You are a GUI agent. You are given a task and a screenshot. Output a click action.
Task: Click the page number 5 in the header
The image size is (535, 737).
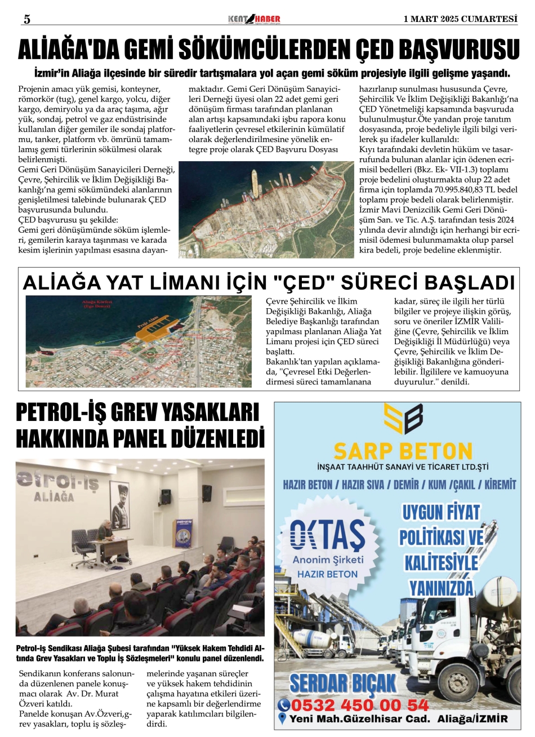point(26,19)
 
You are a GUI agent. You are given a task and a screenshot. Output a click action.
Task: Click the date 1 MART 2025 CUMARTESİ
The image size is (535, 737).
point(460,19)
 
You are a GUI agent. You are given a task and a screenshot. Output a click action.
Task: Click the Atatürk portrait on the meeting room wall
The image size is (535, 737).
point(119,501)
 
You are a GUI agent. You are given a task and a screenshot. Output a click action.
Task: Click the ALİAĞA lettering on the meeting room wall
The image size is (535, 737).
point(54,498)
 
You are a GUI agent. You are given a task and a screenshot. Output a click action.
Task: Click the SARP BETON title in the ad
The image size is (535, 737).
point(403,451)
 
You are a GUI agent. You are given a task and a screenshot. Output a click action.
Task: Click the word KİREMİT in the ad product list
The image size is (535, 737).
point(497,485)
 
